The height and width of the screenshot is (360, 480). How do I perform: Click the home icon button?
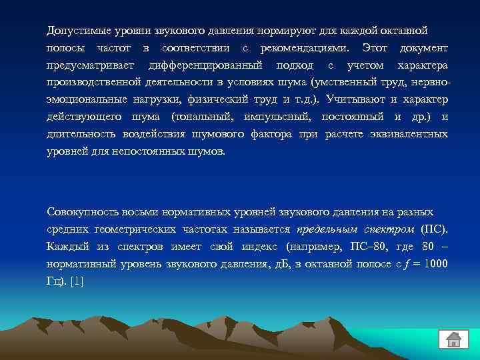click(x=454, y=338)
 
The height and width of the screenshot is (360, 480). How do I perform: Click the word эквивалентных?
click(x=406, y=134)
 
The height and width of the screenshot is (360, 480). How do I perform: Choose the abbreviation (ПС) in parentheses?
click(x=435, y=229)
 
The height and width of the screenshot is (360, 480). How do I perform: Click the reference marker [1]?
click(x=77, y=281)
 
